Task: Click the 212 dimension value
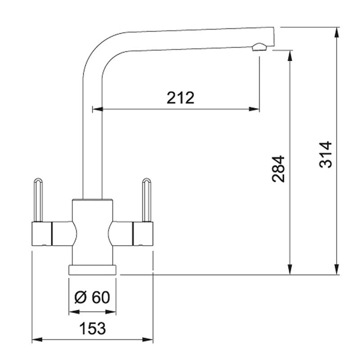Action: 180,98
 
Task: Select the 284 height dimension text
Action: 279,169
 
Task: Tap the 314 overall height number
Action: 326,154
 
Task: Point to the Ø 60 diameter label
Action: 92,297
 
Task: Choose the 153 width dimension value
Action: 92,328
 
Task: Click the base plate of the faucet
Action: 92,270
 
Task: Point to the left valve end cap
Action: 42,233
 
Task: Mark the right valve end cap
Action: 143,233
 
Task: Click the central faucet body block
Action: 92,232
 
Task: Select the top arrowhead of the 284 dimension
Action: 290,54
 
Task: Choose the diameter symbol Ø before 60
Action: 79,297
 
